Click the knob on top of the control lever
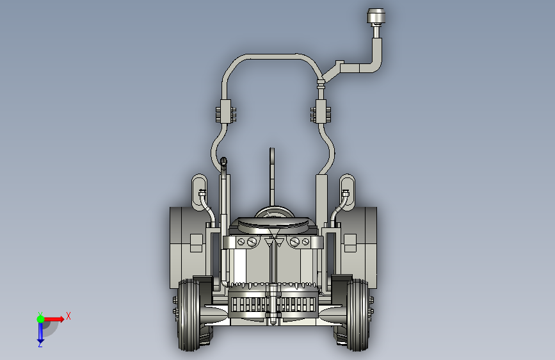(376, 17)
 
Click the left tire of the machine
(189, 315)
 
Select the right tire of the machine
(357, 315)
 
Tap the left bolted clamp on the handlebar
(226, 111)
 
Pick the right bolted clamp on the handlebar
(321, 111)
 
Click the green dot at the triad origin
(40, 319)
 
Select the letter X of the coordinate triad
(68, 316)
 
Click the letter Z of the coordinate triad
(40, 345)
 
